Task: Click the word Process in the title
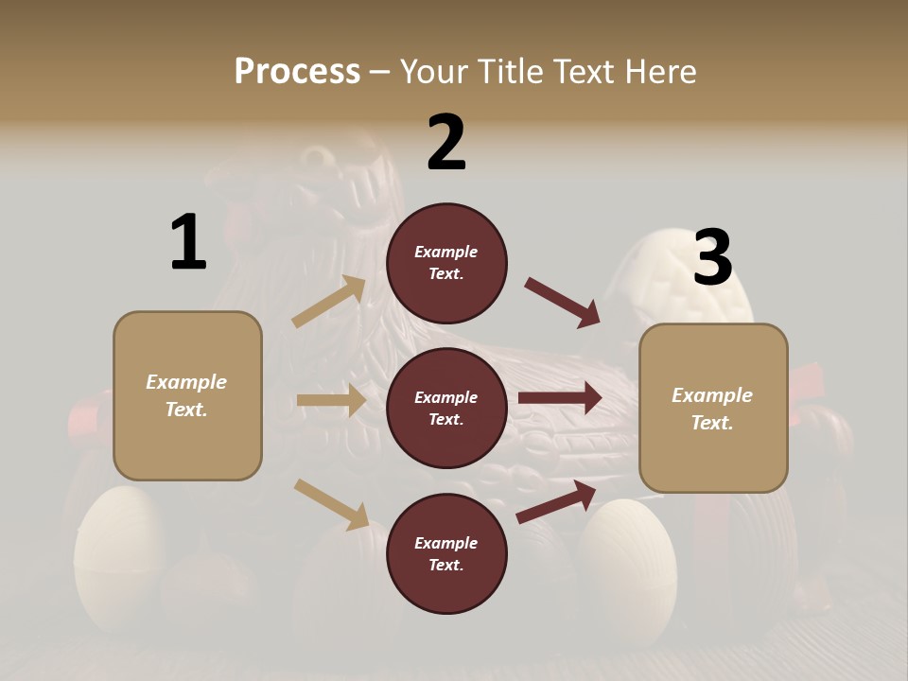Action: [x=297, y=71]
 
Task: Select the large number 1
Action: [x=187, y=243]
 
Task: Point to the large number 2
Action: [x=446, y=142]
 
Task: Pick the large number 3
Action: [x=712, y=257]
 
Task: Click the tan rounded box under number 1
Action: [x=187, y=395]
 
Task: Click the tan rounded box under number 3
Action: [x=713, y=409]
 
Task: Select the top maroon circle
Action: [x=446, y=263]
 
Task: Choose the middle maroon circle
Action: [x=446, y=409]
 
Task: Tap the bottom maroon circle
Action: [x=446, y=554]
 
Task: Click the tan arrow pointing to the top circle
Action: [x=329, y=302]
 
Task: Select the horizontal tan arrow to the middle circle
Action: [x=331, y=401]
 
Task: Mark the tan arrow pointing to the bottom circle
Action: [x=331, y=504]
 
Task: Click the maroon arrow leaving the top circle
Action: [x=562, y=303]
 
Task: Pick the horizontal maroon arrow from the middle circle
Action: [x=560, y=397]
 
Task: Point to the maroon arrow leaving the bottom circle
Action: [x=556, y=501]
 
